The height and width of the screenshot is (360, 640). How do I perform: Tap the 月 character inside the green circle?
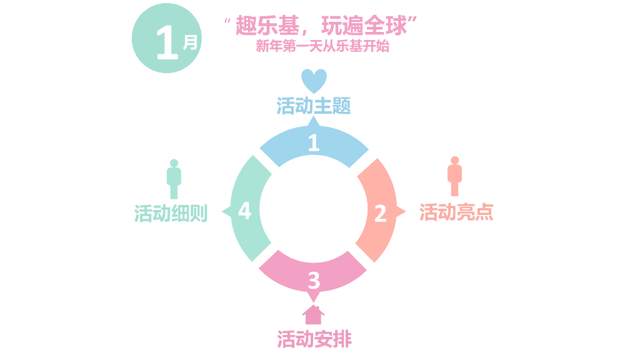point(190,42)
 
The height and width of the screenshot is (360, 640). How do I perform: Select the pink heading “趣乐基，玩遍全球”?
point(321,26)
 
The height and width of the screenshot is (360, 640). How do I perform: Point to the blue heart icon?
point(314,80)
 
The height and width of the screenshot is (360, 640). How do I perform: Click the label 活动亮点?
point(456,212)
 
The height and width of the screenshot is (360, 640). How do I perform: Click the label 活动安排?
point(314,339)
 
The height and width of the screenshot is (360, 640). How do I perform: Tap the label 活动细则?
point(171,213)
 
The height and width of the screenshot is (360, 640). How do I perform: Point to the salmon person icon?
point(454,176)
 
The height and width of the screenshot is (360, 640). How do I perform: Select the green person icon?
point(174,179)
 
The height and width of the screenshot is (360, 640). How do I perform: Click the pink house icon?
point(314,314)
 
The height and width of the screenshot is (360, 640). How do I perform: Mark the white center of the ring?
point(314,209)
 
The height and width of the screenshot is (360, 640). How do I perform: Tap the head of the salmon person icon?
point(454,160)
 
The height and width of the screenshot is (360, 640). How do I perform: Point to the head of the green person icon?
point(174,162)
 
